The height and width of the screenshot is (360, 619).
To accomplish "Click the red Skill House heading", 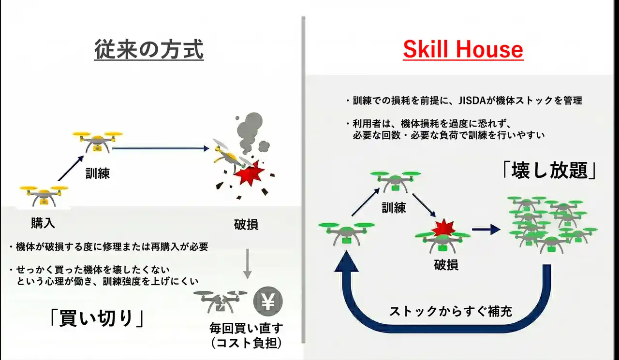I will coord(463,50).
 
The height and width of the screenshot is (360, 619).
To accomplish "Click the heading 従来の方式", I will coord(148,50).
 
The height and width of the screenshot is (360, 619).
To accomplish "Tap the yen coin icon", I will coord(267,301).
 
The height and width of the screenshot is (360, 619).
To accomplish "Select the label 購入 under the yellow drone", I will coord(43,223).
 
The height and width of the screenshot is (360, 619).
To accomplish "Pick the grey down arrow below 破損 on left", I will coord(247,263).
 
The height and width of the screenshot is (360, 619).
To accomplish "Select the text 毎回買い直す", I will coord(247,328).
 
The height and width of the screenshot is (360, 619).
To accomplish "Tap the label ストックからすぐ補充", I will coord(450,311).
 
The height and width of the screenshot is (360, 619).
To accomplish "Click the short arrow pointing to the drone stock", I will coord(486,230).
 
